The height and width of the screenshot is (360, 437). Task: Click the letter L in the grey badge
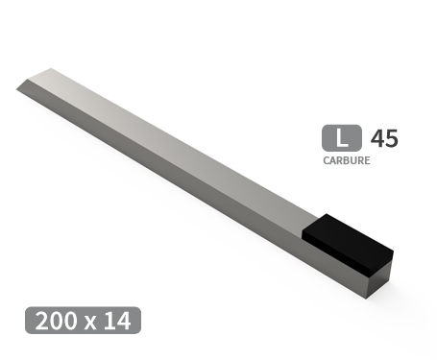tap(342, 137)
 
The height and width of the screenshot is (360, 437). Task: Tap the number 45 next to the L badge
tap(383, 137)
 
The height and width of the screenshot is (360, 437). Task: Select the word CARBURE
tap(347, 160)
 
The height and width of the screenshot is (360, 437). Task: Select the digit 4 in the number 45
tap(376, 137)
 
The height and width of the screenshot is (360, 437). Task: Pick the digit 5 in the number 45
tap(390, 137)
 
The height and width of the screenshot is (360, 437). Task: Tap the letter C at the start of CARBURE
tap(326, 160)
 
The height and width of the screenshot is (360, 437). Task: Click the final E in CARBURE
tap(367, 160)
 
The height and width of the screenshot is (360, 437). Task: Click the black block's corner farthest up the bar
tap(328, 215)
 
